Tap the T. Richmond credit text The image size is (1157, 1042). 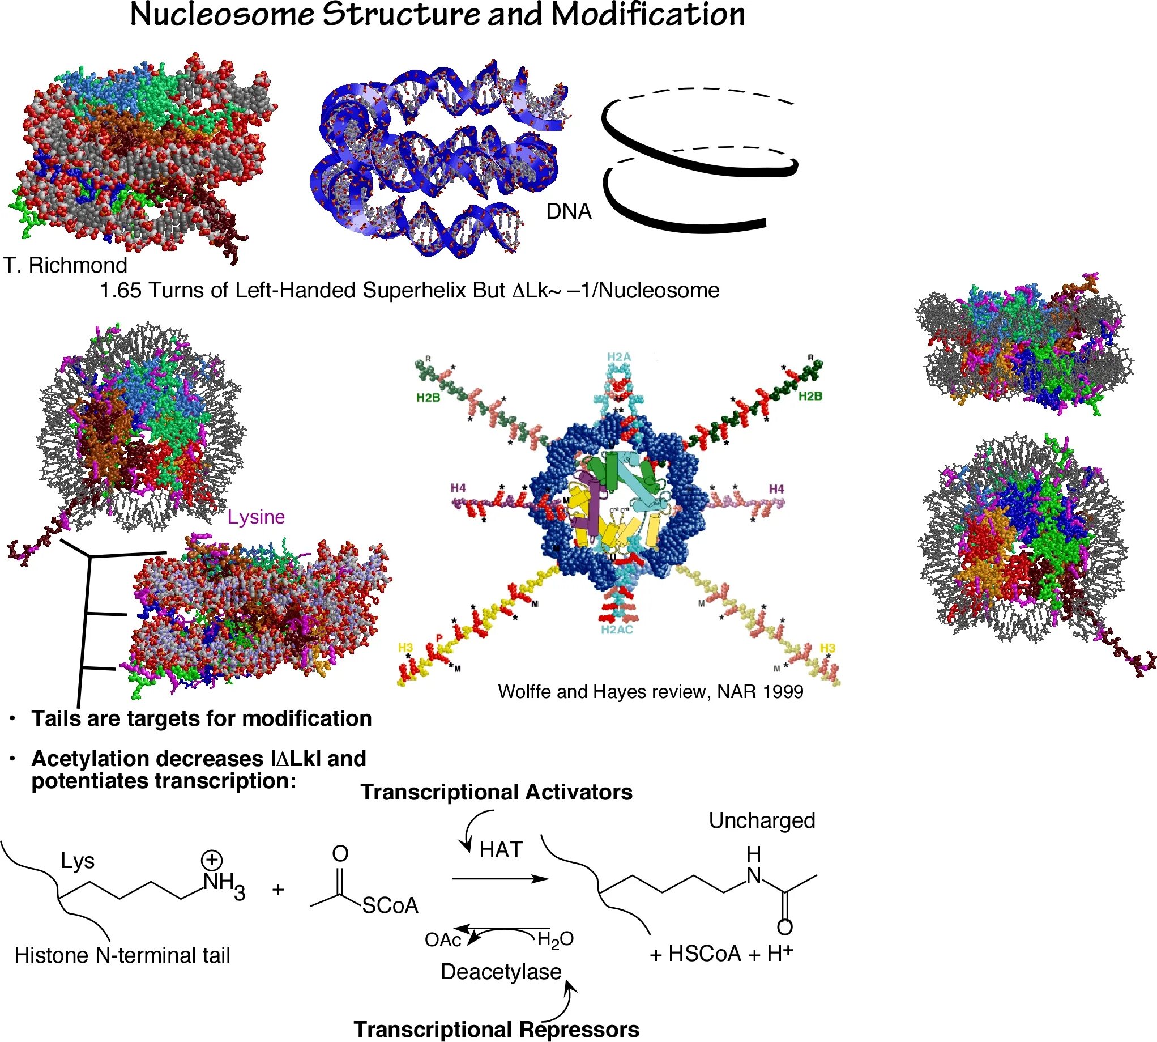point(65,265)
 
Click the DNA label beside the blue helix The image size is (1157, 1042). point(568,211)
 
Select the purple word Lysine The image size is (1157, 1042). point(256,517)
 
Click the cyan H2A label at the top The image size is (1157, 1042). point(618,357)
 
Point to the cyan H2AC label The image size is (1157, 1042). point(616,630)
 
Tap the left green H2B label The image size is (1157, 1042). point(428,397)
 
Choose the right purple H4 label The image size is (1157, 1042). point(776,488)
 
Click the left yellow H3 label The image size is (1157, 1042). point(405,648)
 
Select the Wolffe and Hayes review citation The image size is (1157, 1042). point(651,692)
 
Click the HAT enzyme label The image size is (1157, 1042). point(501,849)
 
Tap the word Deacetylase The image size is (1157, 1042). point(501,972)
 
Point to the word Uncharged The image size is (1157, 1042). point(762,820)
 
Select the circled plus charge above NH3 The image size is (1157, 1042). point(211,860)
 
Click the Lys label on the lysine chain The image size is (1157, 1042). point(77,861)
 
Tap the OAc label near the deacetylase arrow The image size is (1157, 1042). point(442,940)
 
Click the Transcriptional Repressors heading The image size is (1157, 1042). point(496,1029)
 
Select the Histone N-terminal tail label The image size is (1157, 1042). point(122,955)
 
